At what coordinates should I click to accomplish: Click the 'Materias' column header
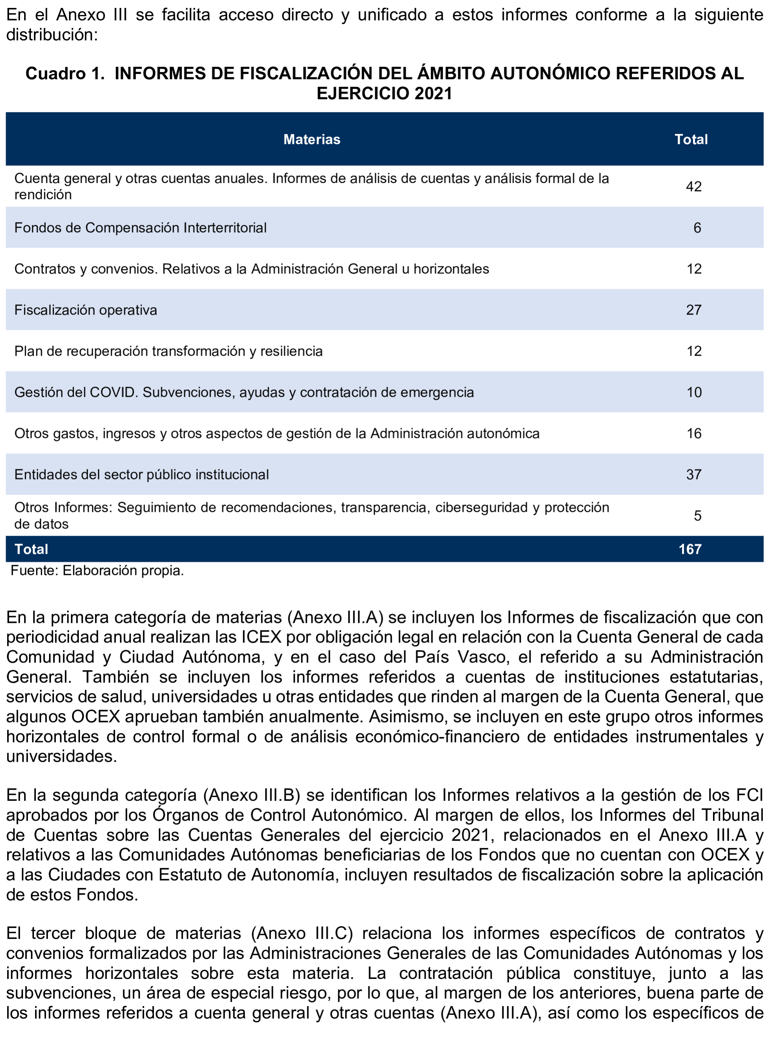[312, 139]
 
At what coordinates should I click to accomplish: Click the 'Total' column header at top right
[691, 139]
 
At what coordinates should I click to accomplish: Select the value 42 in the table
[693, 187]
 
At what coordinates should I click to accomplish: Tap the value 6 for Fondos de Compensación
[697, 228]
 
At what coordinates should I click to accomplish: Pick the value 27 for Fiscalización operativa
[693, 310]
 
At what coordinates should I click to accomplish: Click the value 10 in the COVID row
[693, 392]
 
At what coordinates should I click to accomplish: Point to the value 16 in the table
[693, 433]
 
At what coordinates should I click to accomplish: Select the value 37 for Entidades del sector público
[693, 475]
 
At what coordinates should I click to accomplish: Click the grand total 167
[690, 550]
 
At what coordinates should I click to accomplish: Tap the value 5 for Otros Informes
[697, 516]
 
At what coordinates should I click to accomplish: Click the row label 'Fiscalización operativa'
[86, 310]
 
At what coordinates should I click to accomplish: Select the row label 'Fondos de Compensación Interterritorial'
[140, 228]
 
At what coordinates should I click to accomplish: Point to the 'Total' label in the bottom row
[31, 550]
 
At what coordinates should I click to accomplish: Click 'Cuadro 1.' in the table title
[65, 74]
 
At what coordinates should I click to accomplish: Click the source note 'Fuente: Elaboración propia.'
[97, 570]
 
